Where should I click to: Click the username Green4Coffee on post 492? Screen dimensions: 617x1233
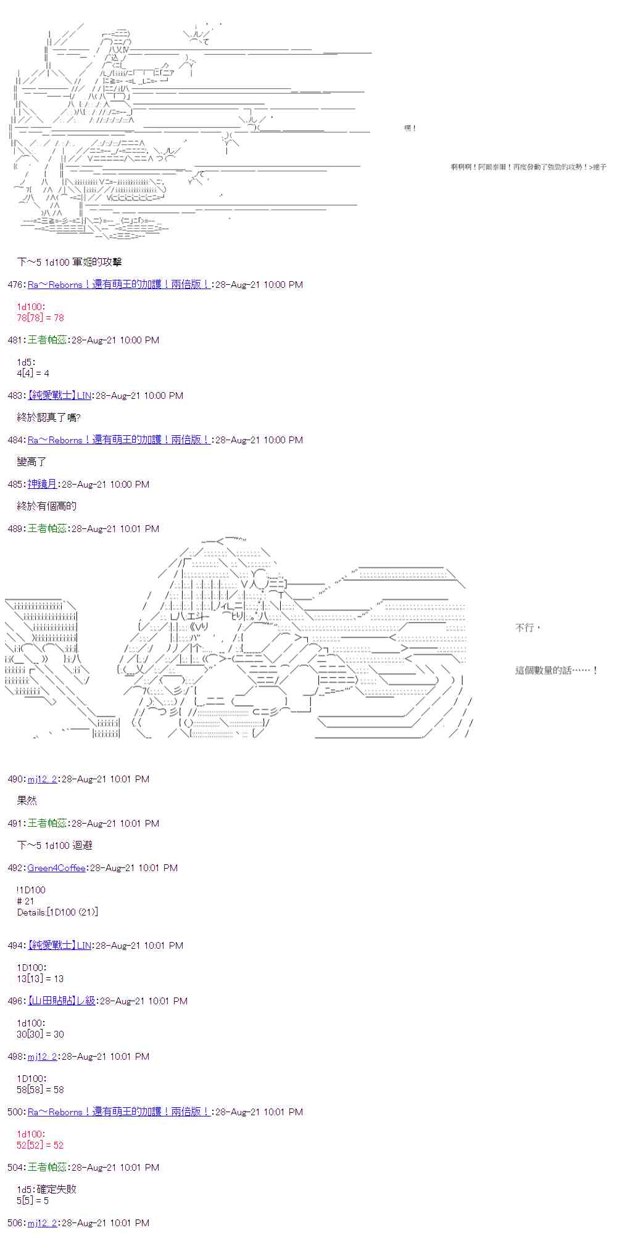coord(56,868)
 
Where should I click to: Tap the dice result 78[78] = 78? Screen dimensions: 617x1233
coord(40,318)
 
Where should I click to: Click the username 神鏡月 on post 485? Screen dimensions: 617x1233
coord(42,485)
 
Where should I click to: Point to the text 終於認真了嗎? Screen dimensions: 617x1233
coord(49,418)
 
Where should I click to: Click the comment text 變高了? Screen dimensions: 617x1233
coord(31,462)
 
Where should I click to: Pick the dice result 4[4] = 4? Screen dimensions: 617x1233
coord(33,374)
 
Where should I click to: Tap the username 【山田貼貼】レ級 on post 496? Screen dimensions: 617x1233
coord(62,1001)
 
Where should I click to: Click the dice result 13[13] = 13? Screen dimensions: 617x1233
coord(40,979)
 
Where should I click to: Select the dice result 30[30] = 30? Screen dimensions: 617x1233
coord(40,1034)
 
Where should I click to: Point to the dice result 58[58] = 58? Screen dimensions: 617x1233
coord(40,1090)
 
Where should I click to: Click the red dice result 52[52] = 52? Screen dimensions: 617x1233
coord(40,1145)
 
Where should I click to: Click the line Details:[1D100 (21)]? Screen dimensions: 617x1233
coord(57,912)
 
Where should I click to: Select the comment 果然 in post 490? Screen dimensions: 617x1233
coord(27,801)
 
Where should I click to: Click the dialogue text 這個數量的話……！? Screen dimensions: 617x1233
coord(556,671)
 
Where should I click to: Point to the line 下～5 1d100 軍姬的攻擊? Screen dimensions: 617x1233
coord(69,263)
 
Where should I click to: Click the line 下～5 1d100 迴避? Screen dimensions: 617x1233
coord(54,846)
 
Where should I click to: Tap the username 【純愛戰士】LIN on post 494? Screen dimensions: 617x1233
coord(59,946)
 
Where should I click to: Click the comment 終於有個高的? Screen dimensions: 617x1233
coord(47,507)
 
